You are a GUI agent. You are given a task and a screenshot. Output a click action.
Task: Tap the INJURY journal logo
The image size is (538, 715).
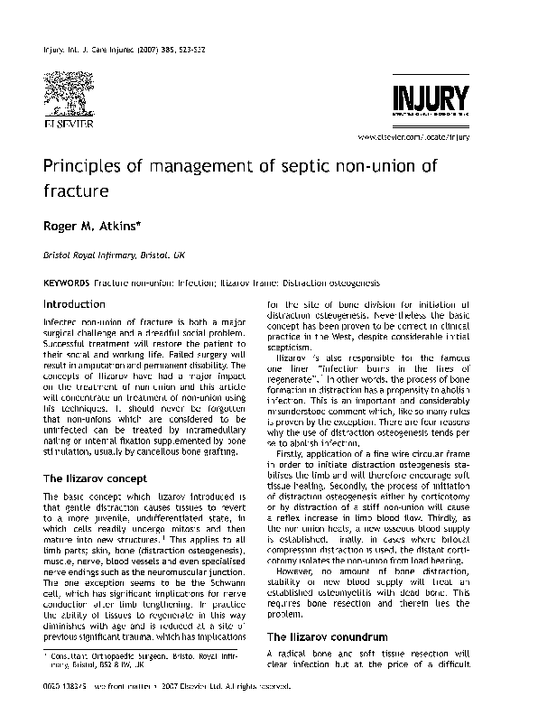(429, 98)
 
